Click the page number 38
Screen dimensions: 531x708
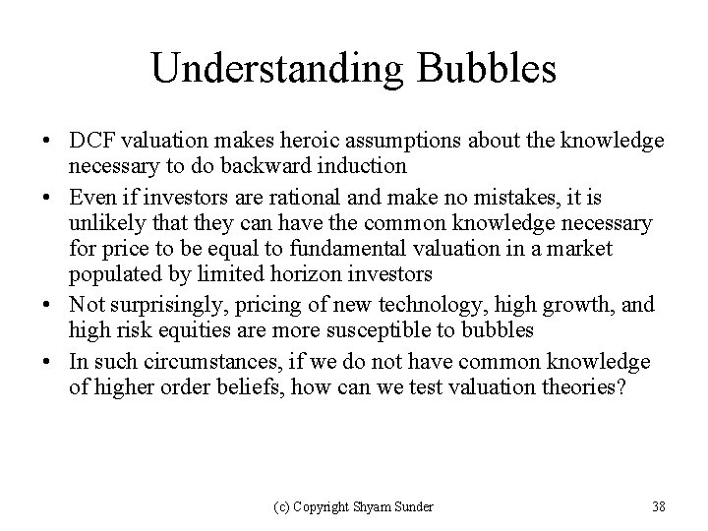[x=658, y=506]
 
